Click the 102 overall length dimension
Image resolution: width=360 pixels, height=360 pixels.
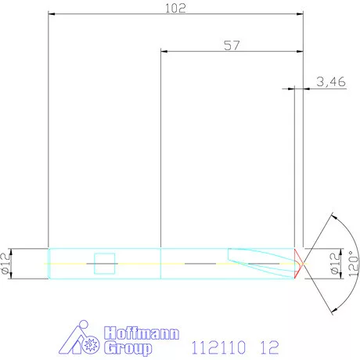click(x=176, y=8)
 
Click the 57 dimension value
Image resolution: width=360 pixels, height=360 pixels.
click(x=232, y=45)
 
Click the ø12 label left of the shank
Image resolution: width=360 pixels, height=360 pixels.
click(x=6, y=264)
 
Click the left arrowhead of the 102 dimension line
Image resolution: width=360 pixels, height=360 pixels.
click(x=52, y=13)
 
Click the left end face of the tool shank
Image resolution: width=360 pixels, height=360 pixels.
click(x=49, y=265)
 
